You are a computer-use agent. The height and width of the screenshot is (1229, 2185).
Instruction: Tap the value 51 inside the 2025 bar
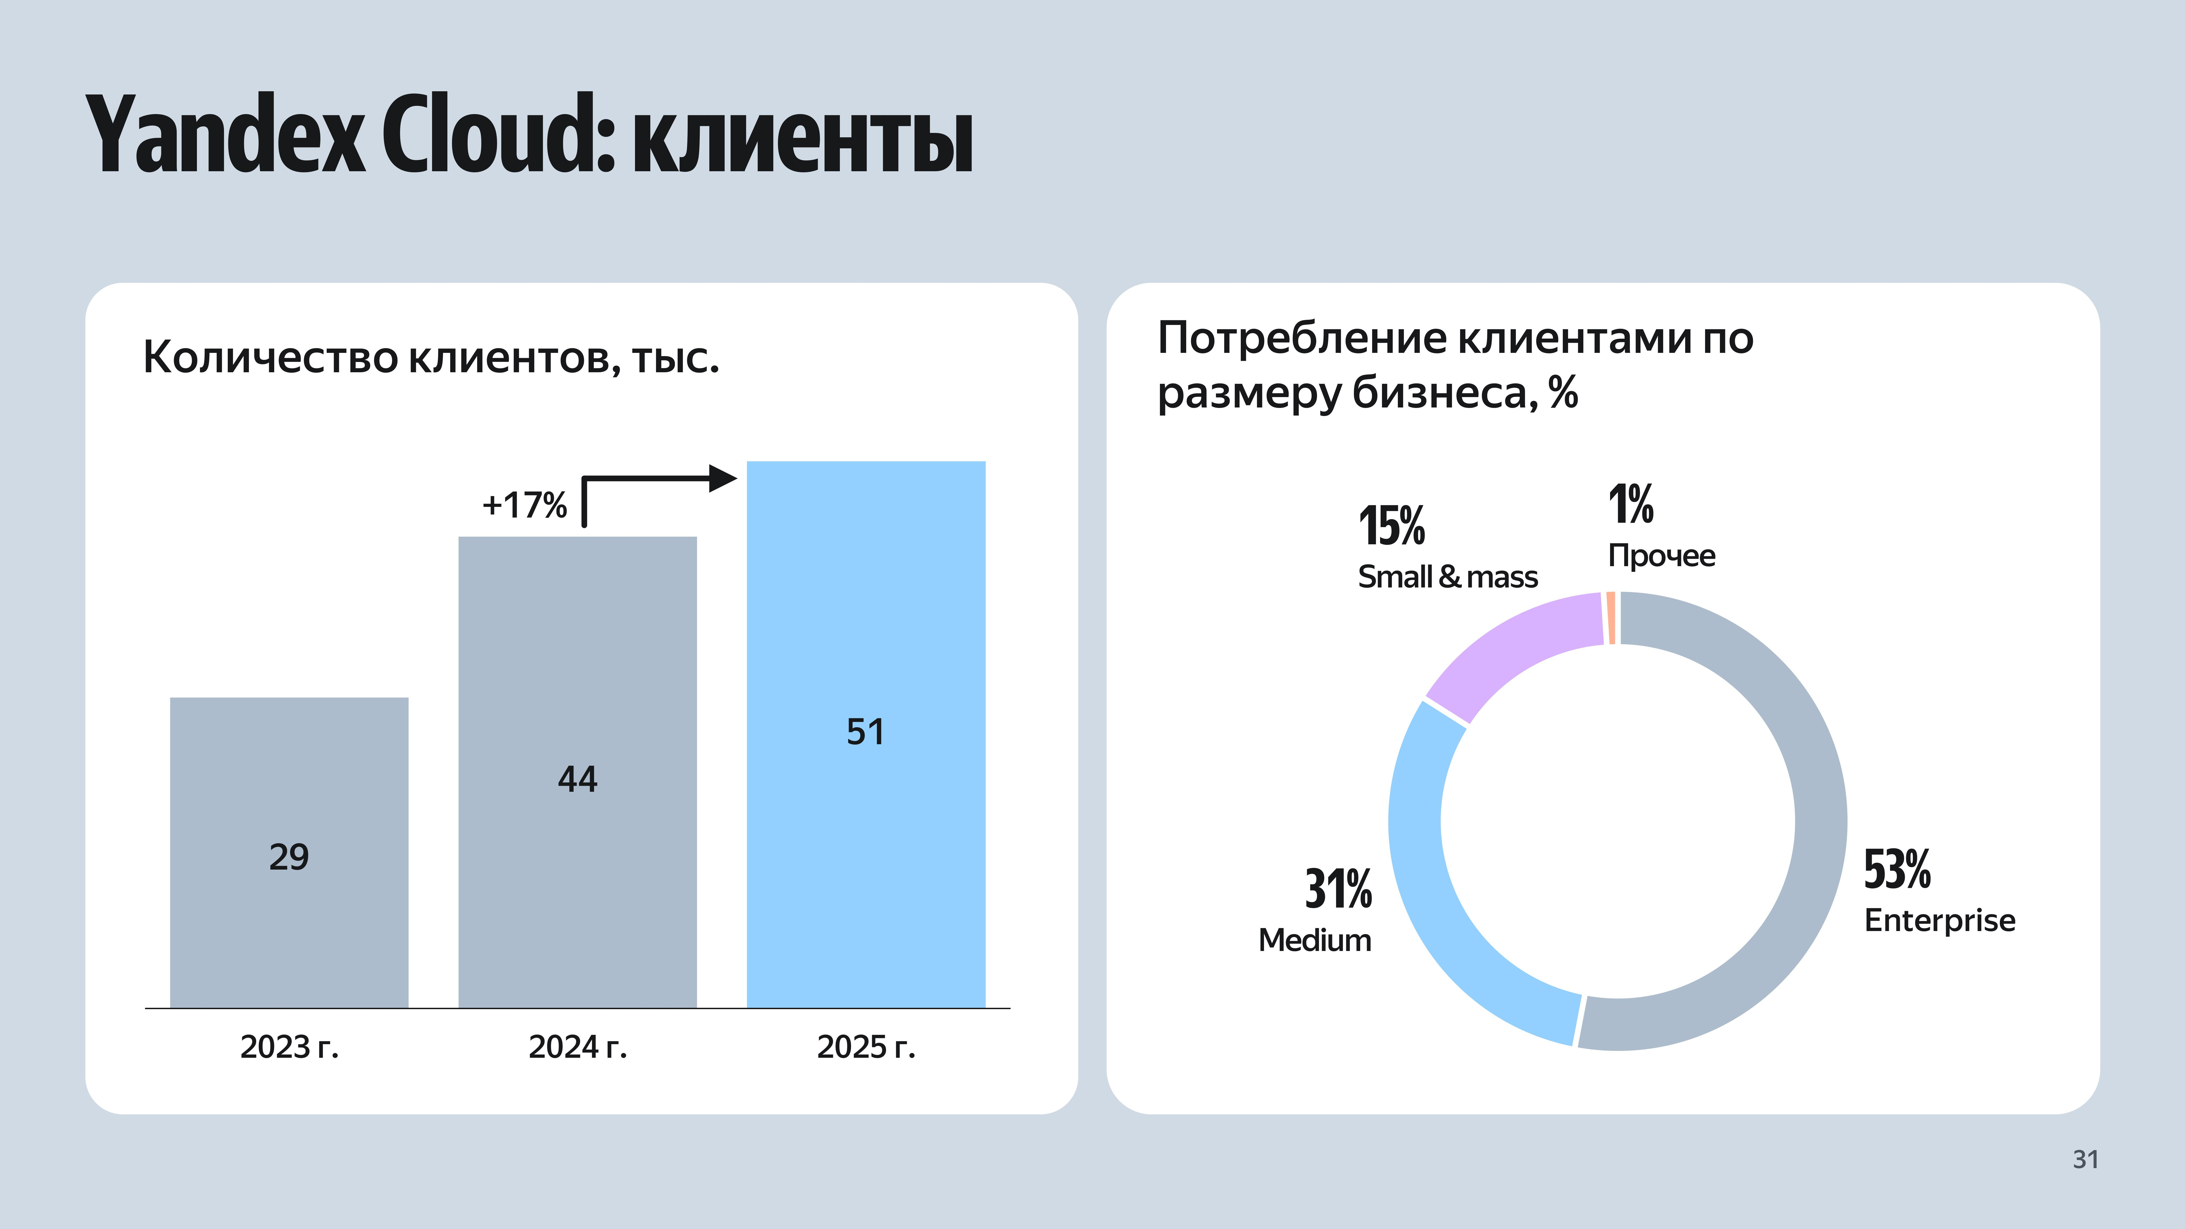(x=865, y=731)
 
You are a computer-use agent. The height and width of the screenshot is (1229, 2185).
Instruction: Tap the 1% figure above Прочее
(x=1630, y=505)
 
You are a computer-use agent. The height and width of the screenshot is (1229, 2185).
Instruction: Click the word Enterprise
(x=1939, y=920)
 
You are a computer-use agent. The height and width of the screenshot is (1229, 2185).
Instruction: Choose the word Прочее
(x=1661, y=556)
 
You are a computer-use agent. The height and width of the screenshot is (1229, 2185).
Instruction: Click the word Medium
(x=1314, y=940)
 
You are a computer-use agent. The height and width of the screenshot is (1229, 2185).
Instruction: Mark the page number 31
(x=2085, y=1159)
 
